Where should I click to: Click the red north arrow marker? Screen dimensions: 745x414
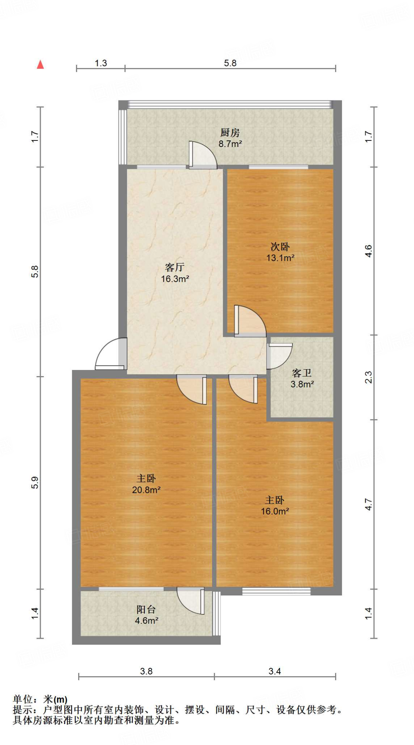point(40,65)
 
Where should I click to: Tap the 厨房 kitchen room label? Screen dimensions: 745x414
point(230,132)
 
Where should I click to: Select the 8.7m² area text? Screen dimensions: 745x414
point(230,144)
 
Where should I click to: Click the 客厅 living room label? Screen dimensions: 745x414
point(175,267)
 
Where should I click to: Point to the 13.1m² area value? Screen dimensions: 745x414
point(280,258)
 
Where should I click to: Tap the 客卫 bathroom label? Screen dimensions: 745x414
point(302,373)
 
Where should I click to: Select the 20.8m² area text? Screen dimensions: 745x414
point(146,490)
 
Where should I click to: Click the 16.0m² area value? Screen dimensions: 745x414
point(275,511)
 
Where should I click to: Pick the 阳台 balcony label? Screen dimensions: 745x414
point(146,609)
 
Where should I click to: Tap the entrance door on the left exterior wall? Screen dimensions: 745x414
point(110,355)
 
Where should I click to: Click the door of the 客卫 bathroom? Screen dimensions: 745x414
point(279,355)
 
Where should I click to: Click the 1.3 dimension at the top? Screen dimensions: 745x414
point(101,63)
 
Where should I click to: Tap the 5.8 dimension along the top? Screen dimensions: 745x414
point(230,63)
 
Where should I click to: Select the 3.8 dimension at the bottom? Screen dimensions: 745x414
point(146,671)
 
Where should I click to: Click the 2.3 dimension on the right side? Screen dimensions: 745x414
point(369,377)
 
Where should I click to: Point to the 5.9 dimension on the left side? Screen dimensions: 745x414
point(35,482)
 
